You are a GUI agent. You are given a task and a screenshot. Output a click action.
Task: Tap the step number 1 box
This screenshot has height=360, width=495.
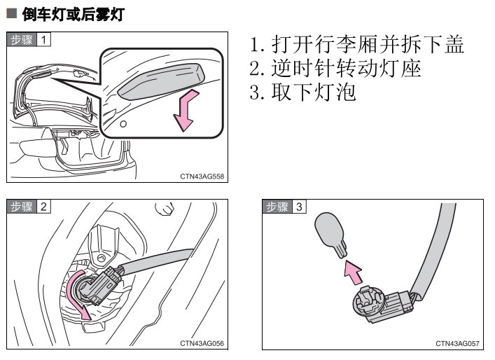43,39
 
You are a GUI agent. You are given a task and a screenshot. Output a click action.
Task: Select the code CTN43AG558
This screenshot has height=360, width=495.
202,176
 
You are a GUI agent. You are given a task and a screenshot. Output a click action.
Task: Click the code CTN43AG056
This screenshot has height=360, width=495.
202,343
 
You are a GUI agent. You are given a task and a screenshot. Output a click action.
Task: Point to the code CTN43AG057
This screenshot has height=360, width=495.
457,343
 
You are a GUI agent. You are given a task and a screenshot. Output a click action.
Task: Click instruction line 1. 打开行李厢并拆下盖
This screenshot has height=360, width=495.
357,46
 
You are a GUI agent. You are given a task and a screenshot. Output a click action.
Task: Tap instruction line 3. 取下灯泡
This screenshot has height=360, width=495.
302,92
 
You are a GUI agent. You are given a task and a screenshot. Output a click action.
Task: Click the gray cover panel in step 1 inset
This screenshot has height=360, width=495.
160,78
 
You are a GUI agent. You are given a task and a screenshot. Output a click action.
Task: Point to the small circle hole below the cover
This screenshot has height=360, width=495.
123,124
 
